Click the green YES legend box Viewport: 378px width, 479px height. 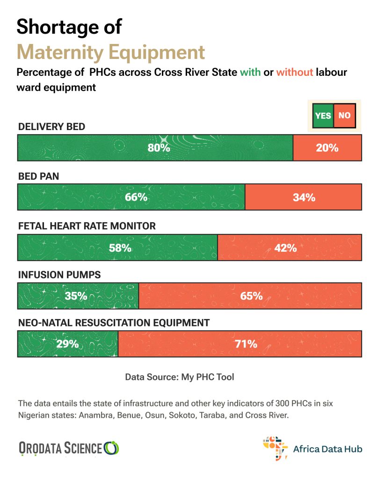[x=323, y=115]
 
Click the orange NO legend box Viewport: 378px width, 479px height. [x=344, y=115]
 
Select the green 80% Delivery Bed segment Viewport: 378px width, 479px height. [x=155, y=147]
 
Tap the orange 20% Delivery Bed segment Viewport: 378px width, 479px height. [x=327, y=147]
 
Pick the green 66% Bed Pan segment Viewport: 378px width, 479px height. [x=131, y=197]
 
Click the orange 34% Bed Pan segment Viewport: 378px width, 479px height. [x=303, y=197]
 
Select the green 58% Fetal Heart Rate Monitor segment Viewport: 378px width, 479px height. [x=117, y=247]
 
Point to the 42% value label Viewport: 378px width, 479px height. [x=285, y=247]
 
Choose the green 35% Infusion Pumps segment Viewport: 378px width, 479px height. [x=78, y=296]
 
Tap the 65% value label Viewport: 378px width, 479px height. [x=251, y=296]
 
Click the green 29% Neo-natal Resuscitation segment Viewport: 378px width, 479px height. [x=67, y=344]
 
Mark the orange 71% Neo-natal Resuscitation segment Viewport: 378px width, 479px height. [x=240, y=344]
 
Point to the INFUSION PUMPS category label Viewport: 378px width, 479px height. [x=59, y=275]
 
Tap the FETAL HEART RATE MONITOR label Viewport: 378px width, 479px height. [x=87, y=226]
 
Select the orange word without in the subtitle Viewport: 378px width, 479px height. [x=294, y=73]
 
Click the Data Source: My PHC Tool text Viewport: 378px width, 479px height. [x=180, y=377]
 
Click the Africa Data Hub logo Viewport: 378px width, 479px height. [x=313, y=448]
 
